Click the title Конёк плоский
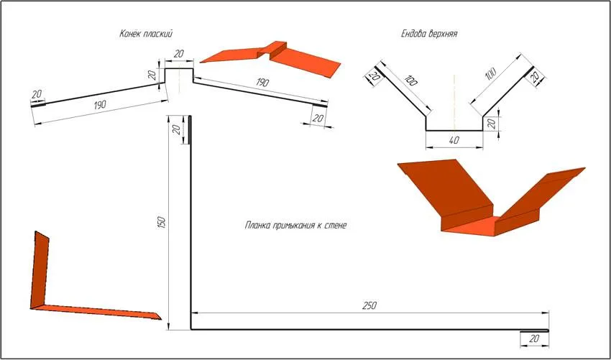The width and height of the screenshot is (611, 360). tap(146, 34)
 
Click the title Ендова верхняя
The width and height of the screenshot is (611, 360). tap(429, 34)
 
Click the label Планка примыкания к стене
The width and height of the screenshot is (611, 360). tap(295, 225)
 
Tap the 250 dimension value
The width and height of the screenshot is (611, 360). tap(369, 305)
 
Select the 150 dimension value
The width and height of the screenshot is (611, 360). tap(162, 223)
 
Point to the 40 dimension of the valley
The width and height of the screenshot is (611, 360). tap(454, 141)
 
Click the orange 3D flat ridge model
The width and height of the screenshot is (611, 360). tap(270, 57)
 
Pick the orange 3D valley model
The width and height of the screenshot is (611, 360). tap(491, 198)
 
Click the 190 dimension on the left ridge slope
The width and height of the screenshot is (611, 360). tap(100, 105)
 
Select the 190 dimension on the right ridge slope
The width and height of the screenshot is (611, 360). tap(262, 83)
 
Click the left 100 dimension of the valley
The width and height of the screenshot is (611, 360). tap(410, 79)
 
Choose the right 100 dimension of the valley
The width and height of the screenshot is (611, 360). tap(491, 73)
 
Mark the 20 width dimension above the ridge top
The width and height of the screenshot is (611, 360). tap(178, 54)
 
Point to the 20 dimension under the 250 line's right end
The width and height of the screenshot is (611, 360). tap(534, 338)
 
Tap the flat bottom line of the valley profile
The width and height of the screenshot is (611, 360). tap(454, 131)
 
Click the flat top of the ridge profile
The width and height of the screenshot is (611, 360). tap(179, 69)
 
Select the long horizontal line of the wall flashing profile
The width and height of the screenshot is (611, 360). tap(369, 330)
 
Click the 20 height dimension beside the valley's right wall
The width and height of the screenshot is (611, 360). tap(492, 124)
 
